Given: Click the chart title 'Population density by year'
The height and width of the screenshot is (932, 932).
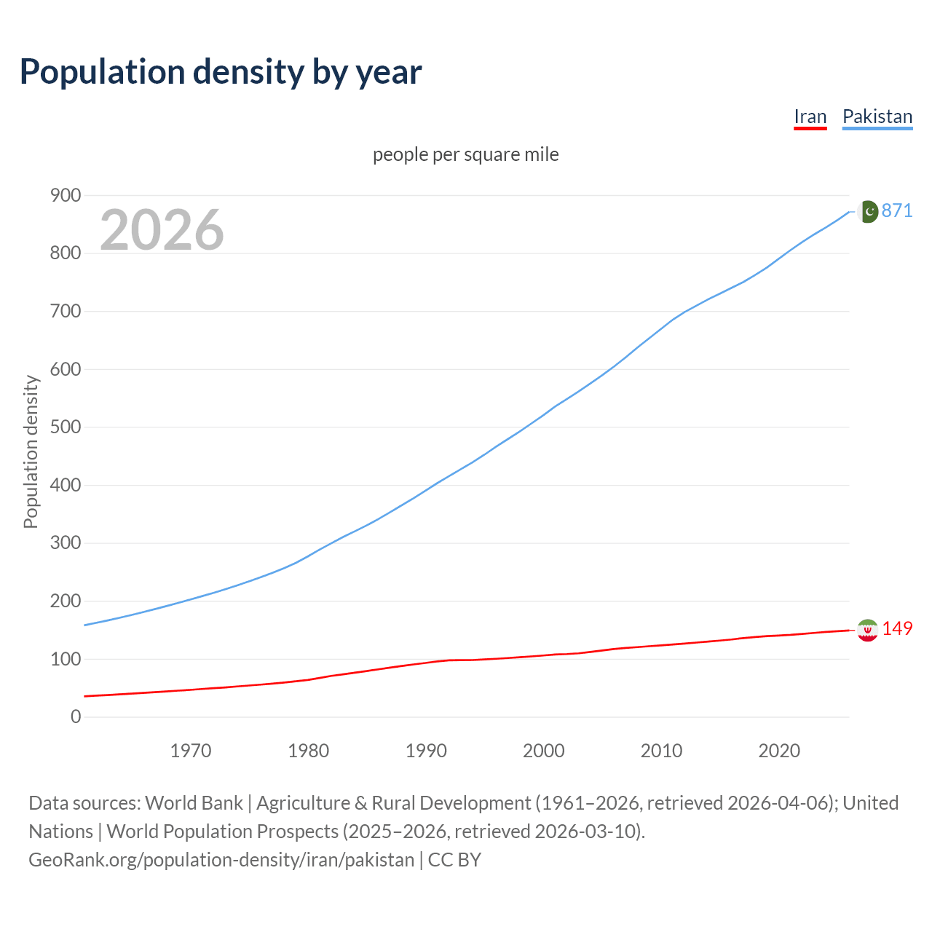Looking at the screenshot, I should click(221, 72).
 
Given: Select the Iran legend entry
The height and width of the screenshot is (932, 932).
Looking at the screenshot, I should click(810, 116).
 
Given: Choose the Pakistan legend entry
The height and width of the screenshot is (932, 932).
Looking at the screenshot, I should click(877, 116).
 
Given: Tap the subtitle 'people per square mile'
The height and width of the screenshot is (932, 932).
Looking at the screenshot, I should click(465, 154).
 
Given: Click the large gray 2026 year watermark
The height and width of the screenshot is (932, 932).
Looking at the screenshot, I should click(162, 230).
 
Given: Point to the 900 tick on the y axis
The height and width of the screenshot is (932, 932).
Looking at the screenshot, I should click(66, 195).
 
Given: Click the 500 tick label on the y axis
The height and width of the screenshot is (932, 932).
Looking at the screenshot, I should click(66, 427).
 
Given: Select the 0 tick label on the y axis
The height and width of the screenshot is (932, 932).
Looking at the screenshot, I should click(76, 716).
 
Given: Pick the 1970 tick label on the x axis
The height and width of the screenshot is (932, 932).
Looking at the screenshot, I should click(191, 750).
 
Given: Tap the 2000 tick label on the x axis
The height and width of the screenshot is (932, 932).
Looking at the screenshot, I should click(544, 750).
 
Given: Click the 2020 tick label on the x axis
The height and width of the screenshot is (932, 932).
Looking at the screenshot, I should click(779, 750).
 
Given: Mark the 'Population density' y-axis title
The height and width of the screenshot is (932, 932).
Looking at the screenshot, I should click(31, 451).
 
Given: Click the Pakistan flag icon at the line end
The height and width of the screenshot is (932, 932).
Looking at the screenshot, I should click(867, 211).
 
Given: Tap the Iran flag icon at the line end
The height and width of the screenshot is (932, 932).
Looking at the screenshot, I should click(867, 630).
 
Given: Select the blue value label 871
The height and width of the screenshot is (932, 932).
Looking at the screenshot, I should click(897, 210).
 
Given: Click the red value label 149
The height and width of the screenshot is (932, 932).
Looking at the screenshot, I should click(897, 628).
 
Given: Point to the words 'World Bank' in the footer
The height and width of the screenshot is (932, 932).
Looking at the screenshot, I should click(194, 802).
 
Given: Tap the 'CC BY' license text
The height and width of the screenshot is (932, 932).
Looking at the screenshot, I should click(454, 859).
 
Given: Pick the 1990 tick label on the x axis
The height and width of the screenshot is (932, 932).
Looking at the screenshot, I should click(426, 750).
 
